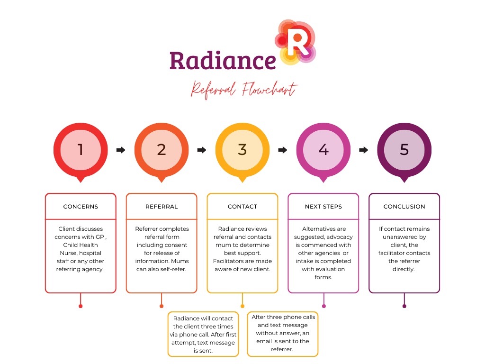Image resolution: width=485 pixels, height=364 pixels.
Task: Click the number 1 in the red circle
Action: (81, 149)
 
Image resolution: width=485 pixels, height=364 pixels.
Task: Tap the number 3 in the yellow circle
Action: (242, 149)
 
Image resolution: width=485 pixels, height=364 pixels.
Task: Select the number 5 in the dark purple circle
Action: (404, 149)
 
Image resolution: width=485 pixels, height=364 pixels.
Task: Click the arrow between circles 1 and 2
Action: (121, 150)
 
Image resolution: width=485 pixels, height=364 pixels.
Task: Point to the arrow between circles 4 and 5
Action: (364, 150)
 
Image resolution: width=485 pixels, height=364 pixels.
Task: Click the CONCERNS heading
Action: (81, 207)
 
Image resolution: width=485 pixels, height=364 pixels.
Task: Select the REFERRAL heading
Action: (162, 207)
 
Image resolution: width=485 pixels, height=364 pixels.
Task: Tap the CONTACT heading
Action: (242, 207)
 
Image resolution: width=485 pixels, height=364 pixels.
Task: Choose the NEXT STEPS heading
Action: (323, 207)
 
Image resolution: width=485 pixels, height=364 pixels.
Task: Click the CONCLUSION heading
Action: (404, 207)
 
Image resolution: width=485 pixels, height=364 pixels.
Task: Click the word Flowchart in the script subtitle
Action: (269, 90)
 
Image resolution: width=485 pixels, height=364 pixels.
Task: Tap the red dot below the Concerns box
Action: (81, 306)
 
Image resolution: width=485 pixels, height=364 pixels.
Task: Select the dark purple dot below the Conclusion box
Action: (404, 306)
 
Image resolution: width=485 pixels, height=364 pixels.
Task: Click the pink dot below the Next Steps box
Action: (324, 306)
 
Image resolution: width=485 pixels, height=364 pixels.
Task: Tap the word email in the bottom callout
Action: (264, 341)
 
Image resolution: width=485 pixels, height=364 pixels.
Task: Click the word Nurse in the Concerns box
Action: (67, 253)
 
